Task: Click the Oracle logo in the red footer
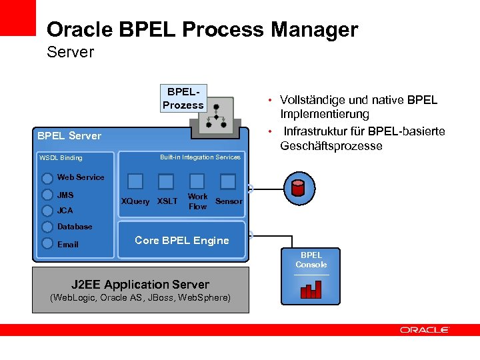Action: click(425, 330)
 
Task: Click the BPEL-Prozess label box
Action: click(183, 98)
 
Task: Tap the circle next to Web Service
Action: click(47, 178)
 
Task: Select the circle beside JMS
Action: click(47, 195)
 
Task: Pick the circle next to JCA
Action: click(47, 211)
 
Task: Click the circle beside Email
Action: click(47, 244)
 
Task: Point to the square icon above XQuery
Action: click(135, 181)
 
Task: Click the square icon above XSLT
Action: click(166, 181)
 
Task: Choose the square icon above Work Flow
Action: click(197, 181)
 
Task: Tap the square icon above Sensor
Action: click(228, 181)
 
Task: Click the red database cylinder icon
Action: click(298, 187)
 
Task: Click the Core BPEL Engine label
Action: click(181, 241)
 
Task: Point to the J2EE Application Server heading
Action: click(140, 285)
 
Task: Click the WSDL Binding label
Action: click(61, 158)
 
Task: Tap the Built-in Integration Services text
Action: click(200, 157)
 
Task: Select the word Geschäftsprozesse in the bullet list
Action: click(331, 146)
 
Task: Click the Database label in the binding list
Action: click(75, 227)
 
